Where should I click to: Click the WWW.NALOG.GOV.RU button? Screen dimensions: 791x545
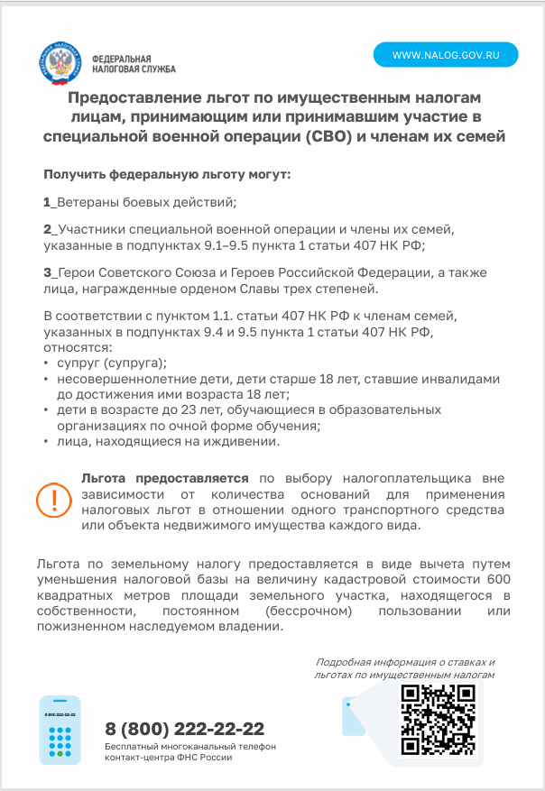pyautogui.click(x=447, y=55)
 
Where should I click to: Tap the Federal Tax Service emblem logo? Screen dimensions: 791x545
pyautogui.click(x=65, y=62)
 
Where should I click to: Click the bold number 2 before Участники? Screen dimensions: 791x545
pyautogui.click(x=47, y=230)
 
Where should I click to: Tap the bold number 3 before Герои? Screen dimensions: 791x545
pyautogui.click(x=47, y=273)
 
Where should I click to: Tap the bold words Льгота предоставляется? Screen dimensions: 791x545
pyautogui.click(x=164, y=478)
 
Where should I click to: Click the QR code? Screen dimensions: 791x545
pyautogui.click(x=438, y=719)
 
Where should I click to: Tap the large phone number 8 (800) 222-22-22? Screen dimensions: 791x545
pyautogui.click(x=185, y=729)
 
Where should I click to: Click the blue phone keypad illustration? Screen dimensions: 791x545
pyautogui.click(x=60, y=730)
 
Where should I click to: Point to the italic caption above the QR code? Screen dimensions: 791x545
pyautogui.click(x=405, y=668)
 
